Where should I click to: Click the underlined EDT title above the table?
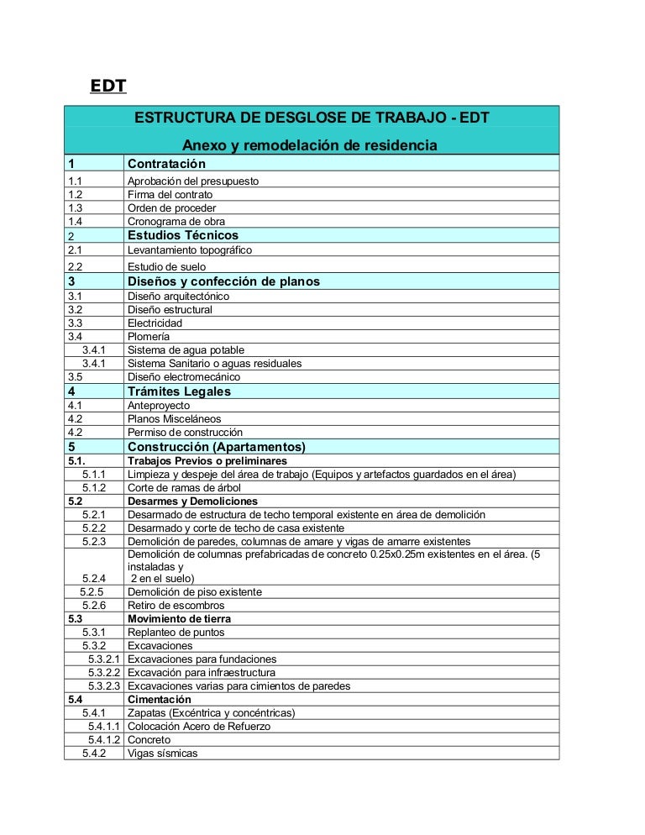pos(107,87)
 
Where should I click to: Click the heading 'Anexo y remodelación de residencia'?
pos(310,145)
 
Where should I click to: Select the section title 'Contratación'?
pos(166,164)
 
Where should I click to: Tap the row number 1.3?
pos(76,208)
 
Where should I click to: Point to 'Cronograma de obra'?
pos(176,222)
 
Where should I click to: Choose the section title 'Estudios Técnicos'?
pos(182,235)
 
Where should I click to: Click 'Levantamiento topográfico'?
pos(189,250)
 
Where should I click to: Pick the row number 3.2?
pos(76,310)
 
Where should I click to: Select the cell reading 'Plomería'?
pos(148,337)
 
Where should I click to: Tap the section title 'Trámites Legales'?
pos(178,391)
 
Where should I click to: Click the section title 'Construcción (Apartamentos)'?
pos(216,446)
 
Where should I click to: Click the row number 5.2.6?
pos(94,606)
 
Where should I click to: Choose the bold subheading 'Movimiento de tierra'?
pos(179,619)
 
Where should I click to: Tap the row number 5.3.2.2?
pos(106,673)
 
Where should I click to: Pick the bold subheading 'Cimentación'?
pos(159,700)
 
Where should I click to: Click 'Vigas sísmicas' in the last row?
pos(162,754)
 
